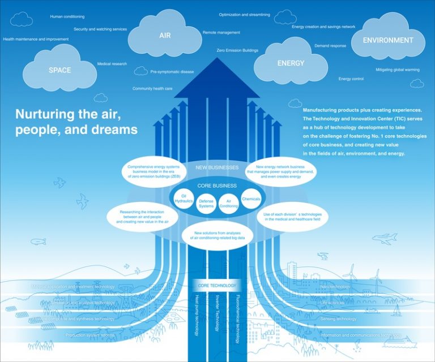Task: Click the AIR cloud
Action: [x=165, y=35]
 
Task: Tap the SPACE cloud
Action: [x=59, y=70]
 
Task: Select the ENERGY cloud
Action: [x=291, y=63]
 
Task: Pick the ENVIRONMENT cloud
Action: [x=388, y=40]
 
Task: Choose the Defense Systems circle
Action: [x=206, y=204]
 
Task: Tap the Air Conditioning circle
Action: [x=229, y=204]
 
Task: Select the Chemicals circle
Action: [x=251, y=199]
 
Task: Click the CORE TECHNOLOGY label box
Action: [x=216, y=286]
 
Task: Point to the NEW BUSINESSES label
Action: [x=217, y=168]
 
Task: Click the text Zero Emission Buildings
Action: [x=237, y=50]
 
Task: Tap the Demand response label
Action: [x=330, y=45]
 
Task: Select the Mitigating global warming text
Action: [x=398, y=70]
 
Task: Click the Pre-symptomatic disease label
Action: [x=172, y=72]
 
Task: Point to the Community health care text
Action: [x=152, y=89]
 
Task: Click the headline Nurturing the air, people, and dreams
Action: [x=76, y=122]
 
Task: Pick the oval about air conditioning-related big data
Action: [x=217, y=236]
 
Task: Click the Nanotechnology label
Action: [x=335, y=287]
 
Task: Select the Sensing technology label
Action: [x=338, y=319]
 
